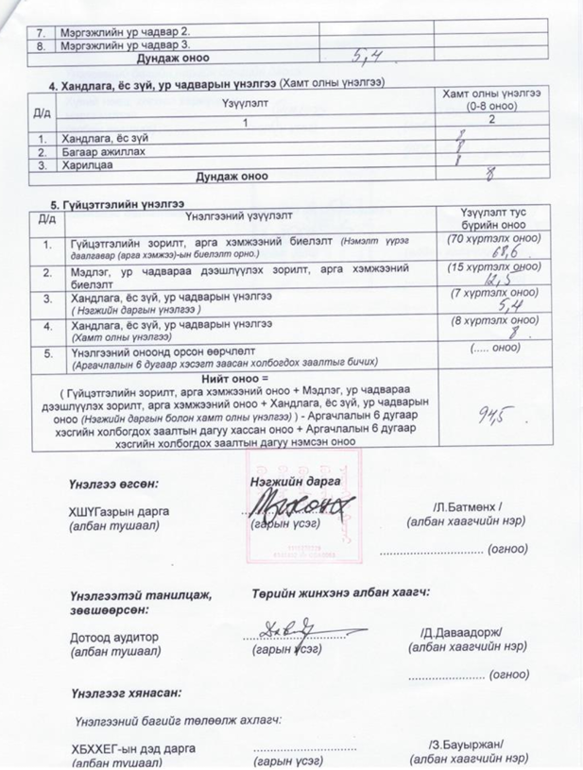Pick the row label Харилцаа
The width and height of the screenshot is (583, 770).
pyautogui.click(x=82, y=163)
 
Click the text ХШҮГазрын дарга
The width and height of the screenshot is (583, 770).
pyautogui.click(x=118, y=510)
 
